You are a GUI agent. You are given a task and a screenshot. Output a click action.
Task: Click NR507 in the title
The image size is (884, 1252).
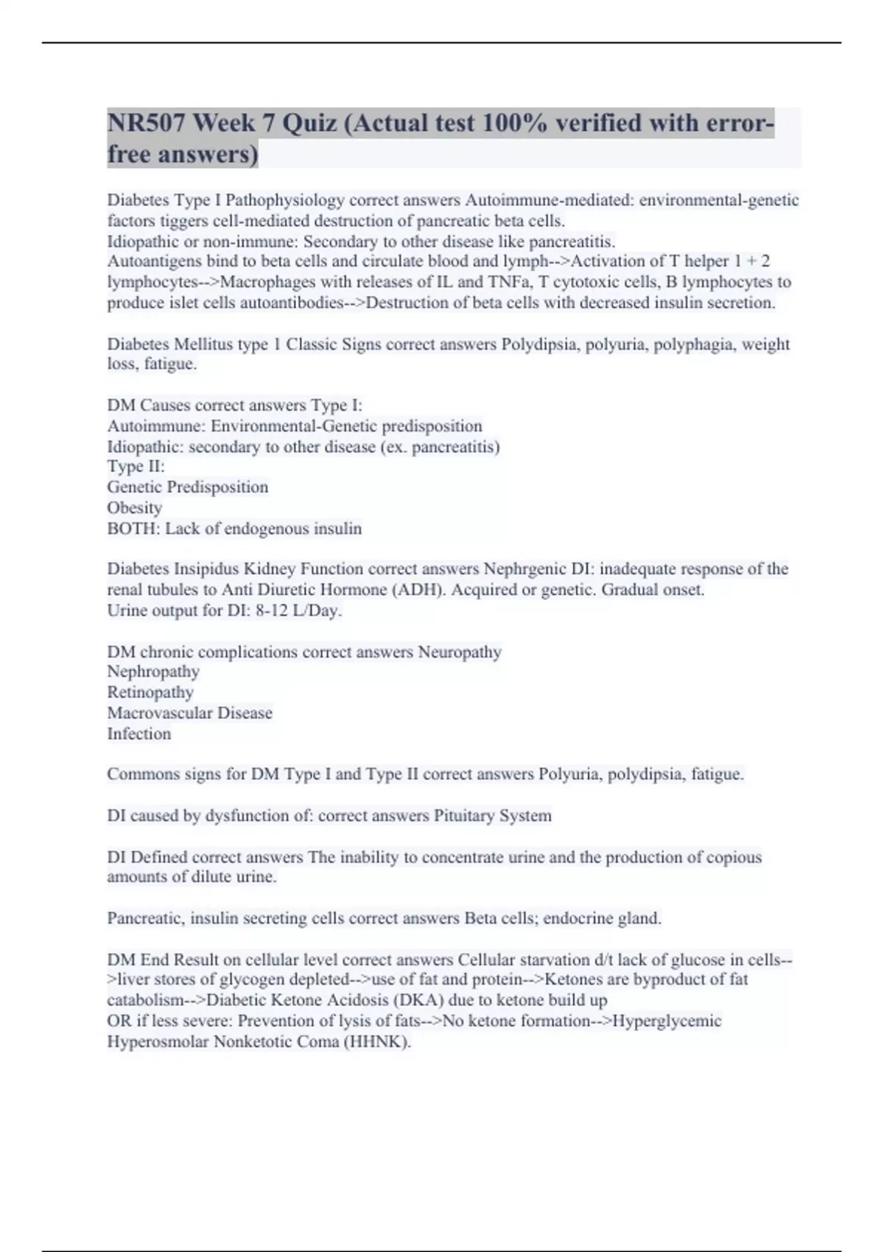[146, 123]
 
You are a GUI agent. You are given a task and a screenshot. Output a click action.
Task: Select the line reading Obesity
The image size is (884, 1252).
[135, 508]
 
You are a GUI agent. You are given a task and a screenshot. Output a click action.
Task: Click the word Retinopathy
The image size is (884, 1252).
[150, 692]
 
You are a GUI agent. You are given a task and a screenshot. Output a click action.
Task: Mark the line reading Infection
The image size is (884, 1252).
[139, 734]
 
